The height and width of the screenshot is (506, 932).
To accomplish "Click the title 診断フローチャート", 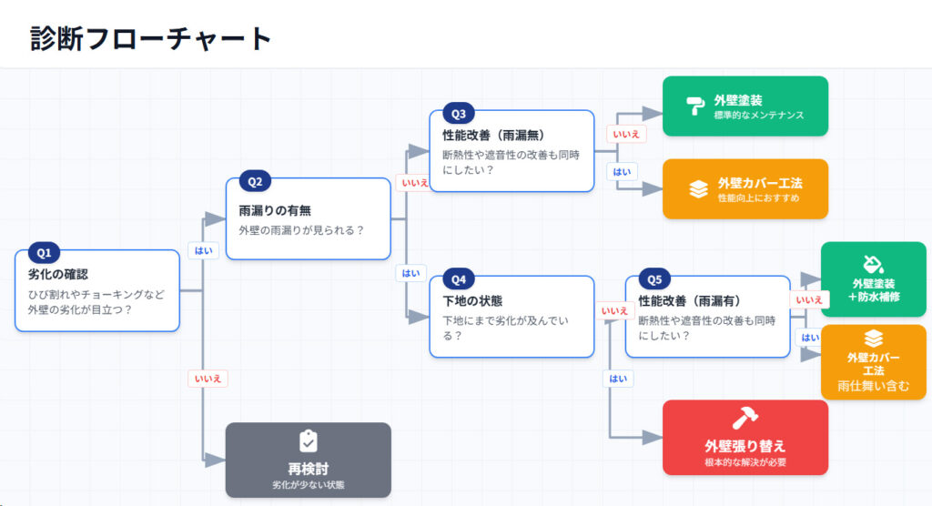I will click(151, 38).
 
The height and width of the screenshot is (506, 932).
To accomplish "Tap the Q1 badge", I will click(45, 252).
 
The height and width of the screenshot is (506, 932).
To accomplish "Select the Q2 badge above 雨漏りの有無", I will click(255, 181).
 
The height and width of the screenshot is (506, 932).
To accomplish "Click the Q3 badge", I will click(458, 114).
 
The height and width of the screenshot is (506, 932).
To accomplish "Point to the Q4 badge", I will click(458, 278).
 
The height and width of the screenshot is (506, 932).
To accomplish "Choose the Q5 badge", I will click(654, 278).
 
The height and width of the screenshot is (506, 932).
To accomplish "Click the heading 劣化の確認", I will click(57, 274).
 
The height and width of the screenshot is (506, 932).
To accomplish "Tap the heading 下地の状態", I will click(472, 300).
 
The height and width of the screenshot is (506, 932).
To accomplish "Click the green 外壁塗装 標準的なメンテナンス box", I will click(745, 106).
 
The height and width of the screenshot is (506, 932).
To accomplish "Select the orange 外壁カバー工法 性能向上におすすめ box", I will click(745, 189).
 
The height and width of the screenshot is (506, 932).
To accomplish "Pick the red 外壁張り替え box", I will click(745, 437).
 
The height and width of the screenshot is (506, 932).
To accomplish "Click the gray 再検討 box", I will click(308, 460).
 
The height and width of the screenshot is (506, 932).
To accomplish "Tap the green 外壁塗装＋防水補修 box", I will click(873, 279).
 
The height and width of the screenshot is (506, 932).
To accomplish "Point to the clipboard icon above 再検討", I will click(308, 441).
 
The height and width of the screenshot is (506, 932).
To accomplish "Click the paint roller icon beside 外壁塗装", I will click(695, 106).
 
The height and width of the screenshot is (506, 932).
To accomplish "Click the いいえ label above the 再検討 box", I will click(207, 379).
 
